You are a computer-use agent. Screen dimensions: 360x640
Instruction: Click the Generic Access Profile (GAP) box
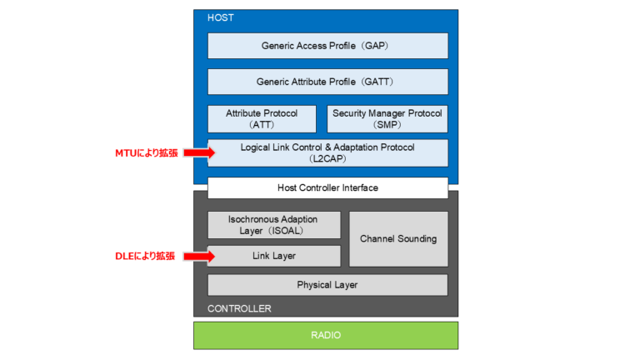coord(327,46)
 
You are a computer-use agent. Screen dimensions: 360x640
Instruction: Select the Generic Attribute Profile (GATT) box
coord(327,82)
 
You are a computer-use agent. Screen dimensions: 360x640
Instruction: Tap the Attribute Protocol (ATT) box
coord(262,118)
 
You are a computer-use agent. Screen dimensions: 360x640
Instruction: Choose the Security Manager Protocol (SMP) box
coord(387,118)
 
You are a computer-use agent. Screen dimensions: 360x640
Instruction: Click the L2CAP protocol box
coord(327,152)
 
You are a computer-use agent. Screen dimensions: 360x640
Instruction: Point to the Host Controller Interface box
coord(327,187)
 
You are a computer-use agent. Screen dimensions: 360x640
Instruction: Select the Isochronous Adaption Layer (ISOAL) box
coord(273,225)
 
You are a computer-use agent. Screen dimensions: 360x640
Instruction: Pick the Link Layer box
coord(273,256)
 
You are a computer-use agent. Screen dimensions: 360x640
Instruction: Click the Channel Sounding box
coord(398,239)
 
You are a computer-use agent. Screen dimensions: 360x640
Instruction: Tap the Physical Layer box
coord(327,285)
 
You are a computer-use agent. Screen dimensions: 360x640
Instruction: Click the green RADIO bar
coord(326,335)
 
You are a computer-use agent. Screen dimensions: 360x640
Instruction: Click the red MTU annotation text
coord(146,153)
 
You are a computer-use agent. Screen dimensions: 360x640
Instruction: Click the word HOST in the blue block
coord(222,17)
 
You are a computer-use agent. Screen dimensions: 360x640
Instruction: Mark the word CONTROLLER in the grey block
coord(239,308)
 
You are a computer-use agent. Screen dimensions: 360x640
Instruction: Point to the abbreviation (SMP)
coord(387,124)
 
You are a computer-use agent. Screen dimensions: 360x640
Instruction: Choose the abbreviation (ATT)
coord(262,124)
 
